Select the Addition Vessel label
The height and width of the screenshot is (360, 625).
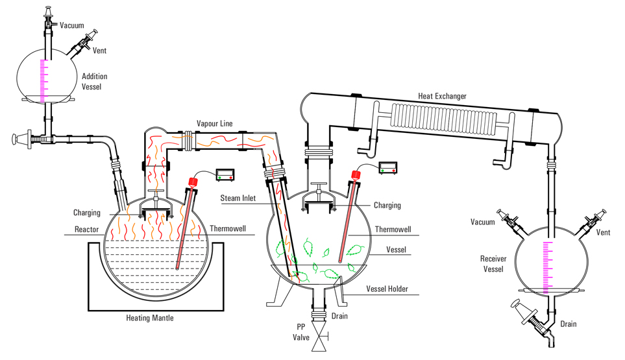click(x=95, y=81)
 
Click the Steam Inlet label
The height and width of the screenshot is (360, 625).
click(x=239, y=206)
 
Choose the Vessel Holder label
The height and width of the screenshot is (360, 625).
click(x=387, y=289)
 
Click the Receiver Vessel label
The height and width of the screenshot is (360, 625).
click(x=493, y=264)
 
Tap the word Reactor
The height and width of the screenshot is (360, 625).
click(x=86, y=229)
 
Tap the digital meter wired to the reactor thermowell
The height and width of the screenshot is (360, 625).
click(x=225, y=174)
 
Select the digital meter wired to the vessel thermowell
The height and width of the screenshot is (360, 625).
click(x=389, y=167)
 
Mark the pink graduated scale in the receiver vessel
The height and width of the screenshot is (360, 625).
click(x=547, y=266)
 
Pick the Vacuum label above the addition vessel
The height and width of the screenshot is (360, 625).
click(x=71, y=25)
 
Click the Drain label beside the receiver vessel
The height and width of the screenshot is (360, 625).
click(x=568, y=324)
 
